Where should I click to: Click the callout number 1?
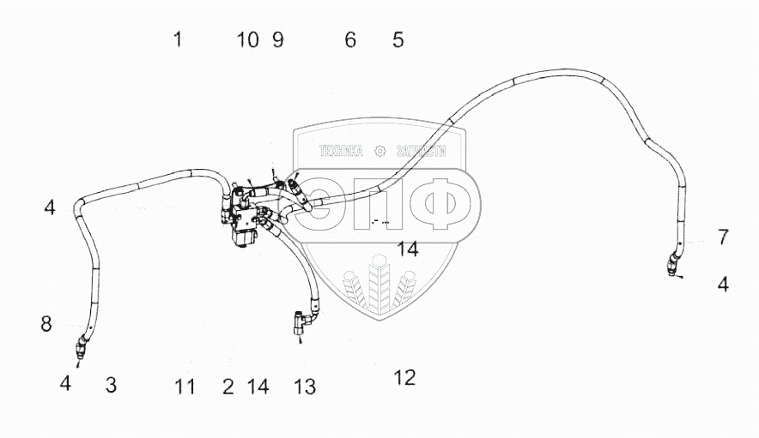(177, 39)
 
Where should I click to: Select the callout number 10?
(247, 39)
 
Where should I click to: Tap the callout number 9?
(277, 39)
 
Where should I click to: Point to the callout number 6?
(350, 39)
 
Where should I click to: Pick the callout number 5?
(398, 39)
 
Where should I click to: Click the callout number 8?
(46, 324)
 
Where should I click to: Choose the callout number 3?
(111, 385)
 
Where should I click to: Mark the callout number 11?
(185, 387)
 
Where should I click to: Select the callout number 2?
(228, 387)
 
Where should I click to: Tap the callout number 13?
(305, 387)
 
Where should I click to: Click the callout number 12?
(404, 377)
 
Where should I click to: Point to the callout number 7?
(723, 237)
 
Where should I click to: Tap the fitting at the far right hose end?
(672, 266)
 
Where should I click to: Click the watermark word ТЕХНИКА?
(341, 151)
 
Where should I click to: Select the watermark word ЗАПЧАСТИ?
(422, 151)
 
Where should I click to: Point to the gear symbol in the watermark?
(380, 151)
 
